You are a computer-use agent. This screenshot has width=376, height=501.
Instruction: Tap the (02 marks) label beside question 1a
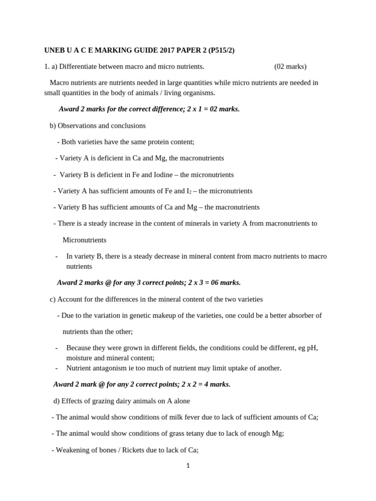tap(290, 67)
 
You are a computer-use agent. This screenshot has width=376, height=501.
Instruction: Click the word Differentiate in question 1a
tap(78, 67)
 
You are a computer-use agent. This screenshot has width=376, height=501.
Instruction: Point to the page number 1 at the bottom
tap(188, 466)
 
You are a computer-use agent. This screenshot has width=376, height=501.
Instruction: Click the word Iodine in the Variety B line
tap(153, 175)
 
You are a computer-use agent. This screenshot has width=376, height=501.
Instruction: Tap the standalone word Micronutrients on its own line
tap(84, 240)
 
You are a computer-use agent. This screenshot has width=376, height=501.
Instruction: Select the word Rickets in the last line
tap(123, 450)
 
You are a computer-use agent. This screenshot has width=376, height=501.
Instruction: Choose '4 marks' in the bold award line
tap(218, 385)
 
